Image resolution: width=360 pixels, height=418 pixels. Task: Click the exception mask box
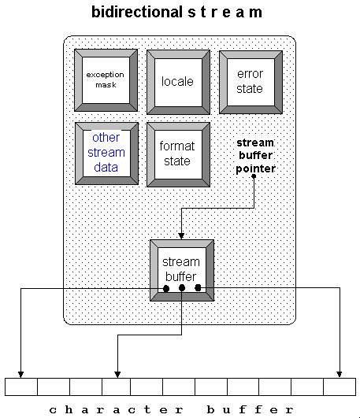[106, 80]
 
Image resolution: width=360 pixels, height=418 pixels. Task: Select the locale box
[177, 81]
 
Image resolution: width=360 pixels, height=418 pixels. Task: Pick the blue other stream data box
[106, 153]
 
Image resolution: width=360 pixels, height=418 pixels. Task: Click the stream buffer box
[181, 269]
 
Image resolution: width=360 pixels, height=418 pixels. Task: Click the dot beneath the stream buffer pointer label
[254, 176]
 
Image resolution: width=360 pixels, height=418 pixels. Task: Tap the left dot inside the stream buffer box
[165, 288]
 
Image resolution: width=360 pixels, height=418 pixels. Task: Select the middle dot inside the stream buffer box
[182, 288]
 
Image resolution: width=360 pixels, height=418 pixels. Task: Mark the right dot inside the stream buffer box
[199, 288]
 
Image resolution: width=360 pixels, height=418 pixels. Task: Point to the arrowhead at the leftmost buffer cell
[20, 373]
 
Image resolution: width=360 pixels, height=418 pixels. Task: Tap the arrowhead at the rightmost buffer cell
[340, 373]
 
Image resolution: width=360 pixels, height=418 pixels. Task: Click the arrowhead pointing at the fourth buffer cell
[117, 373]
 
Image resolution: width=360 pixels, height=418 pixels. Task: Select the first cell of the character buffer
[20, 387]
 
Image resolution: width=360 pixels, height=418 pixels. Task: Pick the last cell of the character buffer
[340, 387]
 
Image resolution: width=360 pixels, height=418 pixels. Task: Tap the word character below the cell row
[106, 409]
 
